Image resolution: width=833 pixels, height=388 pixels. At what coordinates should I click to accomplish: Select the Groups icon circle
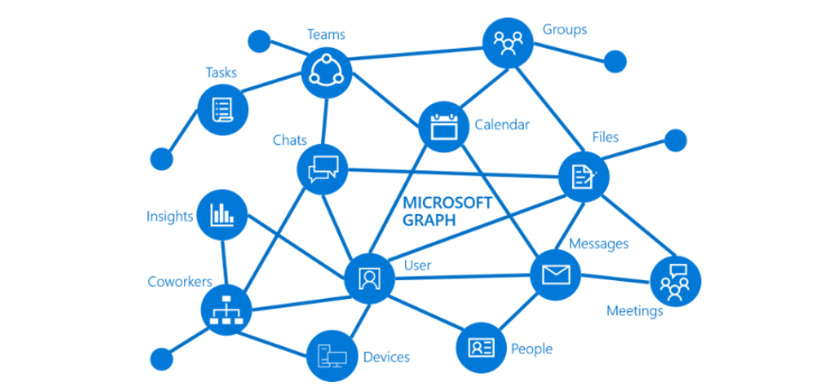(509, 43)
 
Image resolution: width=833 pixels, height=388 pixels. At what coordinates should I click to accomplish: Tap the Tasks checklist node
(223, 110)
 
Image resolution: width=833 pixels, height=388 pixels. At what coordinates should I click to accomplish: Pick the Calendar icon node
(443, 127)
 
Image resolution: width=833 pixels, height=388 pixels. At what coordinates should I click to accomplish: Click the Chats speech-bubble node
(323, 168)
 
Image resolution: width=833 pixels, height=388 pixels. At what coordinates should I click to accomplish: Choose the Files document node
(584, 176)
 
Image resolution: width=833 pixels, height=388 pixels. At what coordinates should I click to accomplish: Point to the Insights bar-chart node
(222, 214)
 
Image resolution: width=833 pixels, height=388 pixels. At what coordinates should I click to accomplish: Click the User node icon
(369, 278)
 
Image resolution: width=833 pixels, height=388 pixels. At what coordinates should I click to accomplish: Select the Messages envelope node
(556, 275)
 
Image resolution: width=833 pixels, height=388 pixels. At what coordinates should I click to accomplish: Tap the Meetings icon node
(675, 280)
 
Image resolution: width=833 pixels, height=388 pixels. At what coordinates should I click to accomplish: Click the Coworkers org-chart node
(226, 309)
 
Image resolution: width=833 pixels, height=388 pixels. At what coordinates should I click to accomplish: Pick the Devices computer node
(331, 355)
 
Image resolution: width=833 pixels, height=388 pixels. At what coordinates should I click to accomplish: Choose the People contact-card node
(481, 347)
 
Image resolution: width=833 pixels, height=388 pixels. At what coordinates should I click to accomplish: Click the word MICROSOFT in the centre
(447, 203)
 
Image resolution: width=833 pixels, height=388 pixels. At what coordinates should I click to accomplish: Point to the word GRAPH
(429, 220)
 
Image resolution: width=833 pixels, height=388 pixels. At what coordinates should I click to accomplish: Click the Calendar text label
(502, 125)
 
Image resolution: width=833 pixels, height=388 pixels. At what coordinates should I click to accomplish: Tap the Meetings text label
(634, 311)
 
